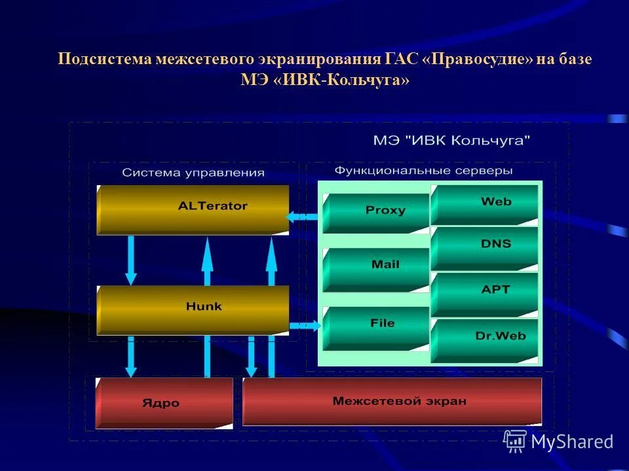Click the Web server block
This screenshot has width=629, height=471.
pyautogui.click(x=485, y=204)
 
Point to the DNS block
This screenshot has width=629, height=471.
pyautogui.click(x=485, y=247)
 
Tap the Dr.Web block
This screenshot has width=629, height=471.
pyautogui.click(x=485, y=339)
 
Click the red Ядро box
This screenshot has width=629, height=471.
pyautogui.click(x=164, y=403)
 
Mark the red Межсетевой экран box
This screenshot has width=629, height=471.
pyautogui.click(x=392, y=401)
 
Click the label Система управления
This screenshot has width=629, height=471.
pyautogui.click(x=193, y=173)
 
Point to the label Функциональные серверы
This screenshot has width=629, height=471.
pyautogui.click(x=423, y=171)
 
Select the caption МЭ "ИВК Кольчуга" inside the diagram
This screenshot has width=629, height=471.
pyautogui.click(x=451, y=141)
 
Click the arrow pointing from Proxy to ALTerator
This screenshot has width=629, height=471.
pyautogui.click(x=303, y=216)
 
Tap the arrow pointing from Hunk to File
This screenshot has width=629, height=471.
pyautogui.click(x=304, y=325)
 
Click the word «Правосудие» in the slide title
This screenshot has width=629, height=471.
pyautogui.click(x=478, y=60)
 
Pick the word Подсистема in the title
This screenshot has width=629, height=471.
pyautogui.click(x=105, y=60)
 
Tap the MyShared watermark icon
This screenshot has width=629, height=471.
pyautogui.click(x=515, y=442)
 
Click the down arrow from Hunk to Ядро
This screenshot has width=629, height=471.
pyautogui.click(x=131, y=357)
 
